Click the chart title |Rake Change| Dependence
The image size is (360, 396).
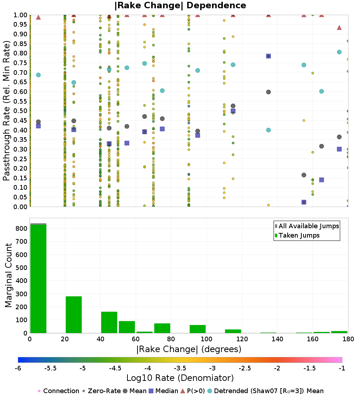pyautogui.click(x=180, y=5)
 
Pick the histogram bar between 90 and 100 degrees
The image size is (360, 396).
pyautogui.click(x=197, y=329)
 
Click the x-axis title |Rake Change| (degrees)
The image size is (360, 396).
pyautogui.click(x=189, y=349)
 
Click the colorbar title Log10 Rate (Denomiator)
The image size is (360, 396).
pyautogui.click(x=180, y=378)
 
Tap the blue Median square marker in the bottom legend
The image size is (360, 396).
pyautogui.click(x=151, y=391)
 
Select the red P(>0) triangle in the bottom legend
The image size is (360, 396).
pyautogui.click(x=183, y=391)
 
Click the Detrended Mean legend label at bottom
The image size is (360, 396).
pyautogui.click(x=269, y=391)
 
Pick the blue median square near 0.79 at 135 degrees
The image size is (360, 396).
pyautogui.click(x=268, y=56)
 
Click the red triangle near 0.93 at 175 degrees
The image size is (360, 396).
pyautogui.click(x=339, y=28)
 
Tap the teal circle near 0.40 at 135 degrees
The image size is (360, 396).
pyautogui.click(x=268, y=130)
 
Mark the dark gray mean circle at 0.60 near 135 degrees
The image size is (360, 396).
pyautogui.click(x=268, y=92)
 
